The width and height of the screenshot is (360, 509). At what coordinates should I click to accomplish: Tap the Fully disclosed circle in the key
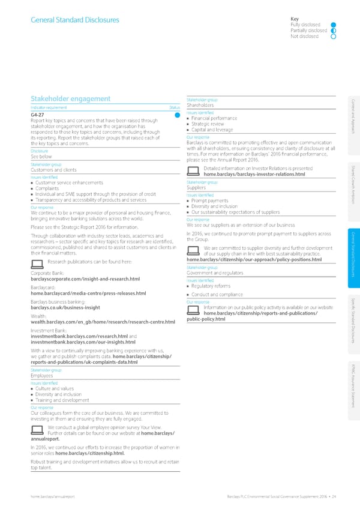pos(325,25)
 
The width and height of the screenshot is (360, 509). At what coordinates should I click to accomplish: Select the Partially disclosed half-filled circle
pos(325,31)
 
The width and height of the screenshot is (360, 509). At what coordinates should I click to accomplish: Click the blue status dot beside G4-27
pos(178,115)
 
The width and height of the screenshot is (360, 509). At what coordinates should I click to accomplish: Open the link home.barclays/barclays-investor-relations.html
pos(255,158)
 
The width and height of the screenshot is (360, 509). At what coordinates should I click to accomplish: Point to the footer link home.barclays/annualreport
pos(54,496)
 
